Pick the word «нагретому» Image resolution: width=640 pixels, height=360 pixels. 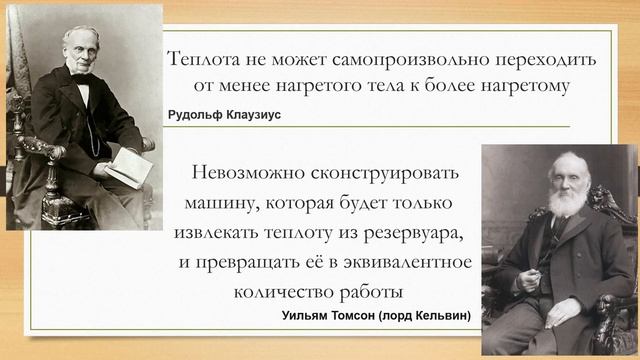(519, 87)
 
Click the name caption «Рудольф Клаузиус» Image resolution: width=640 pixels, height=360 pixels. (225, 116)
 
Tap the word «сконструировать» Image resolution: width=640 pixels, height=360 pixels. (387, 172)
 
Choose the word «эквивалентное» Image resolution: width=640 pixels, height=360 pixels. (414, 263)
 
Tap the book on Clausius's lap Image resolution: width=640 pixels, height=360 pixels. (127, 164)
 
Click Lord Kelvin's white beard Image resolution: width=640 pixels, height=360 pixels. (567, 201)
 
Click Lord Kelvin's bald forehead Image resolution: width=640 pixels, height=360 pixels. (569, 162)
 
